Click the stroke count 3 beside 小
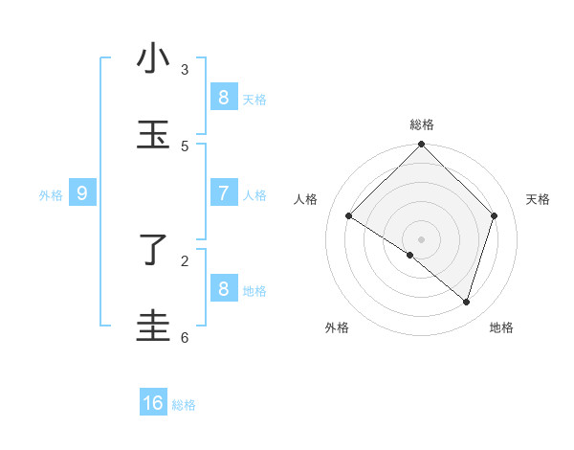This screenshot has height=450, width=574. coord(185,69)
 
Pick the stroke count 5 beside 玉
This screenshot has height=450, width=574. coord(185,146)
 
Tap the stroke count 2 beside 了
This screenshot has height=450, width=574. coord(185,259)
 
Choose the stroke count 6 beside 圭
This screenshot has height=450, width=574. coord(185,337)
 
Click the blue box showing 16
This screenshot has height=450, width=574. coord(153,403)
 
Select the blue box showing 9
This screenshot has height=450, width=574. coord(82,193)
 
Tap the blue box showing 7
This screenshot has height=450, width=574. coord(223,193)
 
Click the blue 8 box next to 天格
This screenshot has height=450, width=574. coord(223,97)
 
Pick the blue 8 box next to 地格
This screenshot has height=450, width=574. coord(223,288)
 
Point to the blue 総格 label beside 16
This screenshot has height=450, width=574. coord(184,405)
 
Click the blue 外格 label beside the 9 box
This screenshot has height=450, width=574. coord(51,195)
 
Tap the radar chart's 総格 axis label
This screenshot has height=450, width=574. coord(422,124)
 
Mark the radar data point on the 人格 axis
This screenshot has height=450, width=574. coord(349,216)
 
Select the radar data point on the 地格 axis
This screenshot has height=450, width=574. coord(466,302)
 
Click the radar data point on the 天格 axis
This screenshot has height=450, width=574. coord(495,216)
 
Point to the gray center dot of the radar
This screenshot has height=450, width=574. coord(422,239)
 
